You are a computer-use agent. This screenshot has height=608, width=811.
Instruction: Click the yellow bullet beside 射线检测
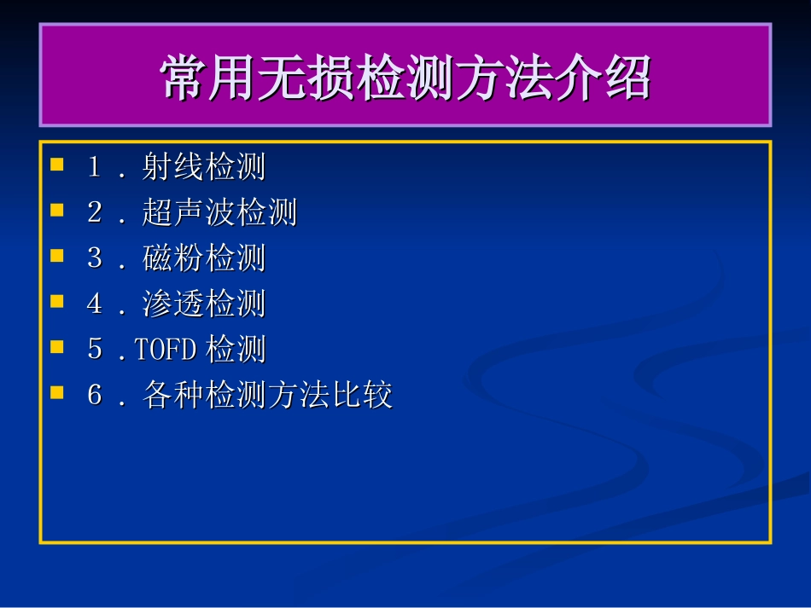pos(57,163)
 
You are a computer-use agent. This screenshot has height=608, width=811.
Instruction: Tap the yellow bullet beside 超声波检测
pos(57,209)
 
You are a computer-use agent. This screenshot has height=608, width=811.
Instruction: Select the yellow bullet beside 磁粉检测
pos(57,255)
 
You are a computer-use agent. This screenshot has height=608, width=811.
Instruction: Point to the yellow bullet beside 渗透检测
pos(57,301)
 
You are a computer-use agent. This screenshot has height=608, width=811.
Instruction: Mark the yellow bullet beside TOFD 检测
pos(57,347)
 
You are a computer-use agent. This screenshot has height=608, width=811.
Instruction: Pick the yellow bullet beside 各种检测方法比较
pos(57,393)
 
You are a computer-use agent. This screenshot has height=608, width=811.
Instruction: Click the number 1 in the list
pos(95,166)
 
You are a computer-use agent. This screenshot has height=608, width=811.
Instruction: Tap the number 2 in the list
pos(95,212)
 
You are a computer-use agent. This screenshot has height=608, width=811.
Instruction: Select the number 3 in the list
pos(95,258)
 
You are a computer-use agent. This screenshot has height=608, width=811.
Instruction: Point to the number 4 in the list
pos(95,304)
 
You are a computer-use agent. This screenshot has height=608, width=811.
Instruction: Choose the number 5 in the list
pos(95,350)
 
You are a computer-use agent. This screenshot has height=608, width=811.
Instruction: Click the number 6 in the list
pos(95,397)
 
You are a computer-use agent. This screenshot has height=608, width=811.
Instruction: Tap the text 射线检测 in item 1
pos(204,167)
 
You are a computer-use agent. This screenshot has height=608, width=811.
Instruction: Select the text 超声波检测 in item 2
pos(219,213)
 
